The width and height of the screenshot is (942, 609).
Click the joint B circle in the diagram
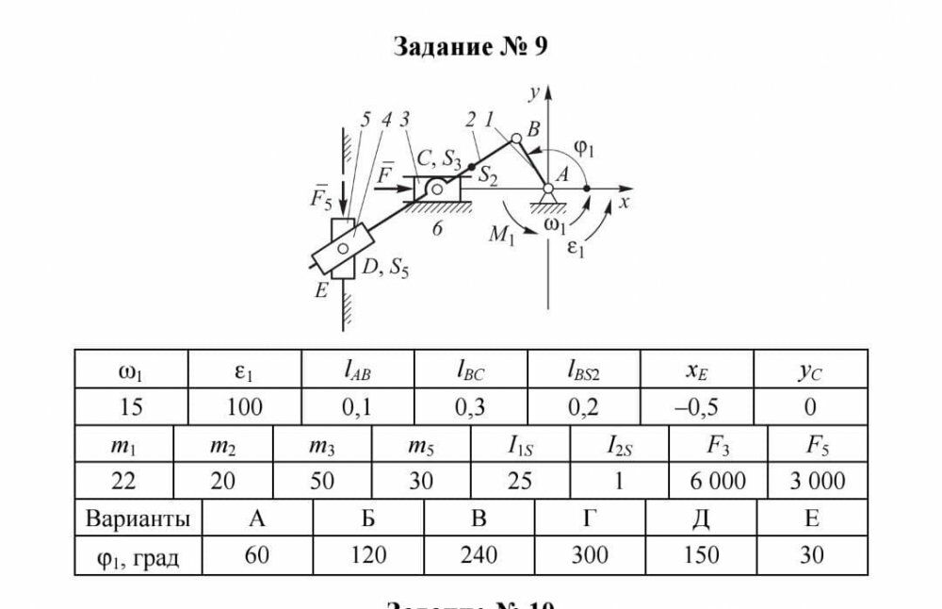[x=516, y=139]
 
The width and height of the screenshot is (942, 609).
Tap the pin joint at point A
[x=548, y=189]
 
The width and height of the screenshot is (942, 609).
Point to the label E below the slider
[x=321, y=292]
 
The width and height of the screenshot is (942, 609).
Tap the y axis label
[x=533, y=92]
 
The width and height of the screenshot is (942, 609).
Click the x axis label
[x=624, y=202]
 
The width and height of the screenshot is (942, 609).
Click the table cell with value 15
[x=131, y=407]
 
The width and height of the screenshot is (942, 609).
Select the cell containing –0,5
[x=697, y=407]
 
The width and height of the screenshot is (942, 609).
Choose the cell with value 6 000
[x=718, y=481]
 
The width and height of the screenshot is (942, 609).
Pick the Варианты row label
[x=138, y=518]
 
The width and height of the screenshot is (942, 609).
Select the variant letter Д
[x=700, y=518]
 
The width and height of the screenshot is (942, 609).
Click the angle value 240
[x=479, y=555]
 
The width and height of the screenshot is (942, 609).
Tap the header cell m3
[x=322, y=444]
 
